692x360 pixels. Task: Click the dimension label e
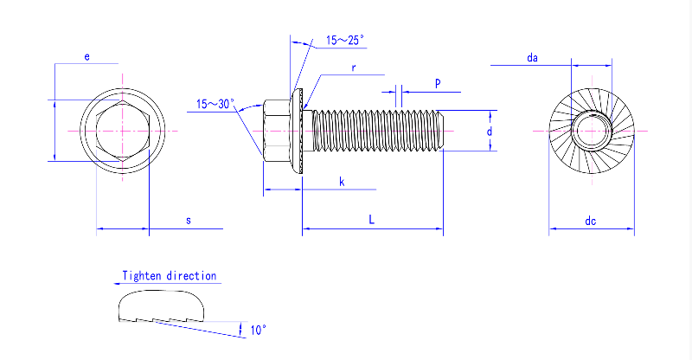[x=86, y=56]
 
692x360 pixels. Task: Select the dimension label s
[x=189, y=221]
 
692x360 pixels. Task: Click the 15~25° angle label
[x=345, y=40]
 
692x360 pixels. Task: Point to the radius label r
[x=354, y=67]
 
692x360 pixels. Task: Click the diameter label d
[x=489, y=132]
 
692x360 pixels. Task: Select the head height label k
[x=342, y=182]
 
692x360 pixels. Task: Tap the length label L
[x=371, y=221]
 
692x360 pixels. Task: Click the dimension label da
[x=533, y=57]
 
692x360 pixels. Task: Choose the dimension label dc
[x=590, y=221]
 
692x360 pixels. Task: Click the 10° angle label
[x=258, y=330]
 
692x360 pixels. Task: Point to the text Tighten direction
[x=170, y=275]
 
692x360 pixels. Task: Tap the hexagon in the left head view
[x=122, y=132]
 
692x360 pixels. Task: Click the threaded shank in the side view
[x=376, y=131]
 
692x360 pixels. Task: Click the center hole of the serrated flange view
[x=592, y=132]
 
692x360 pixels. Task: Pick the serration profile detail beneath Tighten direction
[x=162, y=306]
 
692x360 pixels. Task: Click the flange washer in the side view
[x=301, y=132]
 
